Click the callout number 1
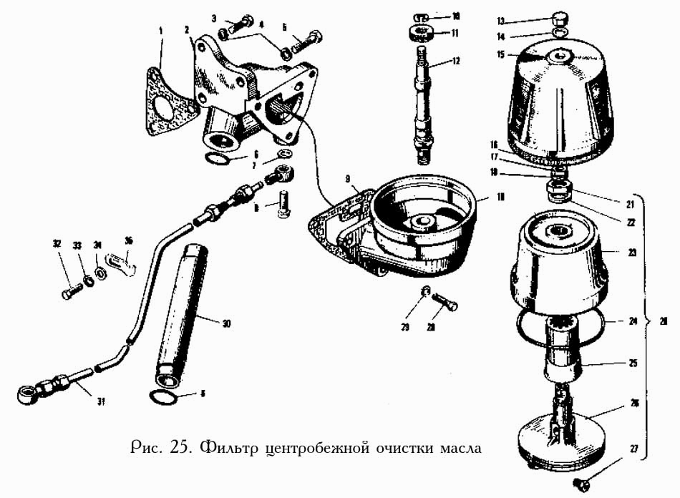[161, 31]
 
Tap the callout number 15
[500, 54]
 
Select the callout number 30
[226, 323]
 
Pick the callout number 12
[455, 62]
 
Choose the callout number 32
[56, 244]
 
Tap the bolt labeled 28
[445, 304]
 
